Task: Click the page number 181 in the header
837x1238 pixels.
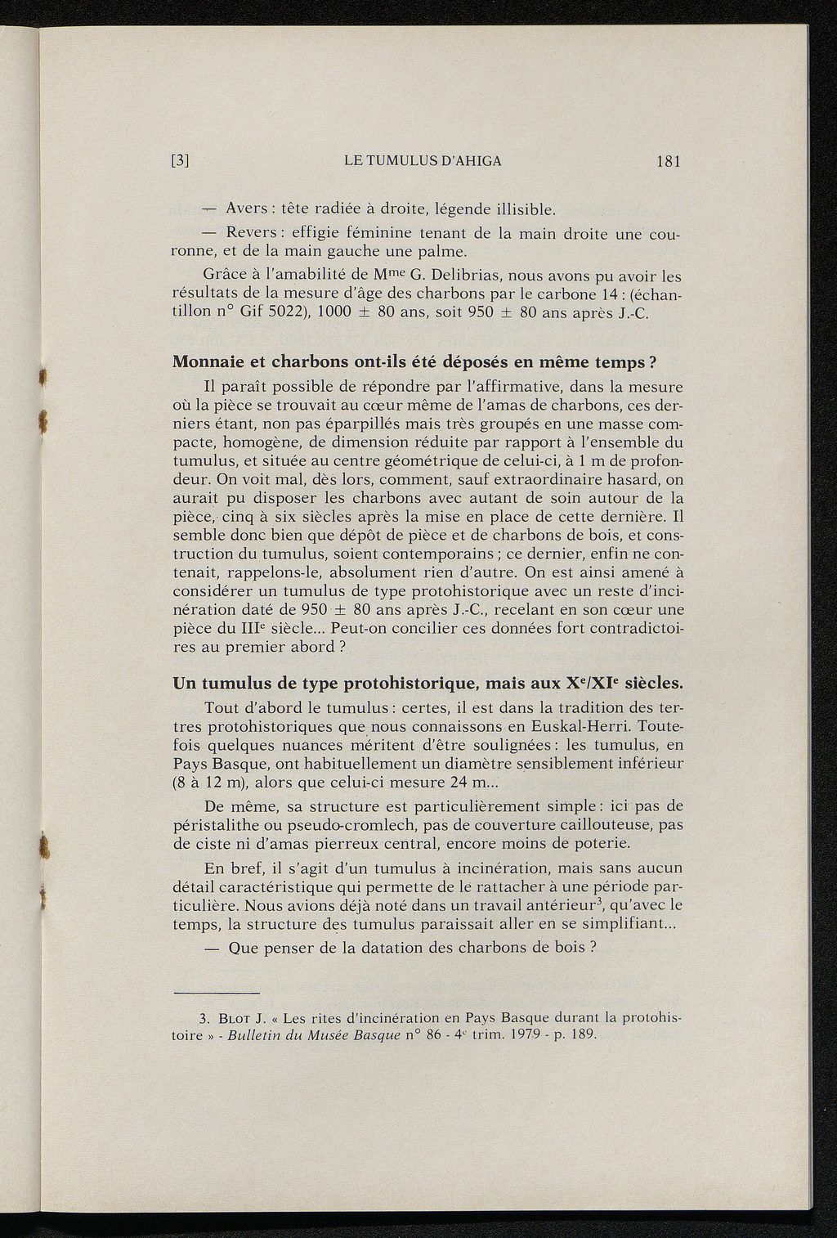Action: pyautogui.click(x=668, y=161)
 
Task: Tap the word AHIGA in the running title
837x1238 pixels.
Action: pyautogui.click(x=473, y=161)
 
